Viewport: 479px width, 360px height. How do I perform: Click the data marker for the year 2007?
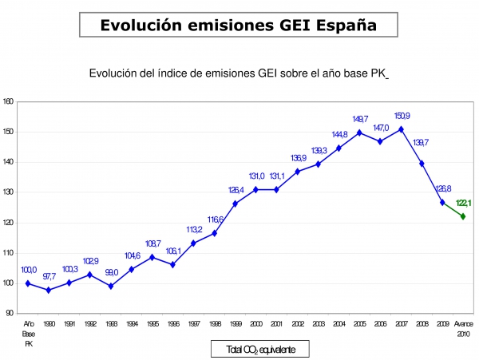pyautogui.click(x=401, y=129)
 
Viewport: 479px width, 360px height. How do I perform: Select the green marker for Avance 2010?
pyautogui.click(x=463, y=216)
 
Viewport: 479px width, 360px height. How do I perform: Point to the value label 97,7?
pyautogui.click(x=49, y=277)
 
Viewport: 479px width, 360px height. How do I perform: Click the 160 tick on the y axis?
pyautogui.click(x=8, y=101)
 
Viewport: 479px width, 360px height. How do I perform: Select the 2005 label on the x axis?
pyautogui.click(x=359, y=324)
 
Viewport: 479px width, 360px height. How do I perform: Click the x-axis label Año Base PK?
pyautogui.click(x=28, y=334)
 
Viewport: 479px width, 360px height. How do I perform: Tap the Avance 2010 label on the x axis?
pyautogui.click(x=463, y=329)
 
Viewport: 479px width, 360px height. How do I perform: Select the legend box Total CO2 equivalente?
pyautogui.click(x=259, y=350)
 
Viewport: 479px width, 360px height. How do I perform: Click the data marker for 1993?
pyautogui.click(x=111, y=286)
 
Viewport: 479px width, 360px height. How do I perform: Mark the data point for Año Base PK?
pyautogui.click(x=28, y=283)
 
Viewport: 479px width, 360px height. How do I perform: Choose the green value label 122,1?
pyautogui.click(x=463, y=204)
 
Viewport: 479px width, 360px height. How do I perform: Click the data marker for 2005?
pyautogui.click(x=359, y=133)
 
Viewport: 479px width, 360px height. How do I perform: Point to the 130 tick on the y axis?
pyautogui.click(x=8, y=192)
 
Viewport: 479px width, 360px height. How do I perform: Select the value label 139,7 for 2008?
pyautogui.click(x=422, y=143)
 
